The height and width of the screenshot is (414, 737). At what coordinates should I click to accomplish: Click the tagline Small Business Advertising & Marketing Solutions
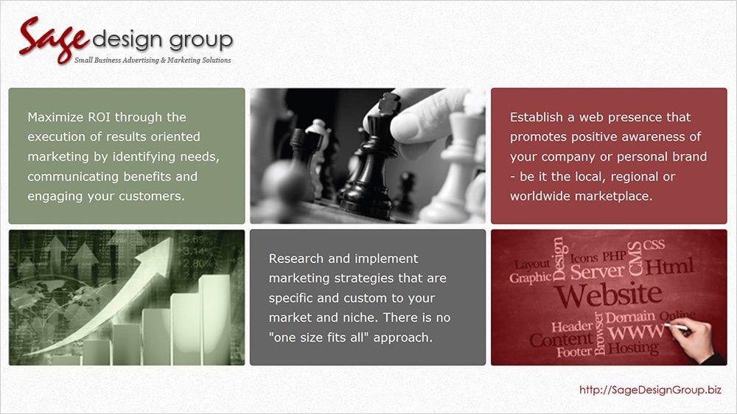pos(153,60)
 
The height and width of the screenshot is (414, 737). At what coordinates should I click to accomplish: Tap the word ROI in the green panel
pos(99,117)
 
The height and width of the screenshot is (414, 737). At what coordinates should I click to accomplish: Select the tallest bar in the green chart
pos(214,320)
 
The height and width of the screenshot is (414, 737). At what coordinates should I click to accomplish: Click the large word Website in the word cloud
pos(608,295)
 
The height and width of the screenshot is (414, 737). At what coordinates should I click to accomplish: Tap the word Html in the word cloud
pos(669,267)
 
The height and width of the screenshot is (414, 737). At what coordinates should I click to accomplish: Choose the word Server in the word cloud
pos(598,271)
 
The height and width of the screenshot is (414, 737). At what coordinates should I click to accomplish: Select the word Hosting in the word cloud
pos(633,348)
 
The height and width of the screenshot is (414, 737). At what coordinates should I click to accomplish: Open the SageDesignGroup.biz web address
pos(651,390)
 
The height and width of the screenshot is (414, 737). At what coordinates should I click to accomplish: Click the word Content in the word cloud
pos(561,340)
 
